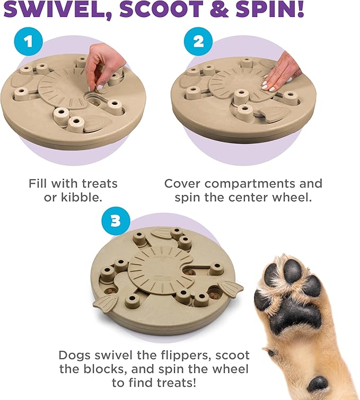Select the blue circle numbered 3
[x=115, y=221]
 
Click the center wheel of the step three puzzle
[x=154, y=265]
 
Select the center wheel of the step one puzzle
[x=63, y=85]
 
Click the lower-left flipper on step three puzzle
[x=105, y=304]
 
